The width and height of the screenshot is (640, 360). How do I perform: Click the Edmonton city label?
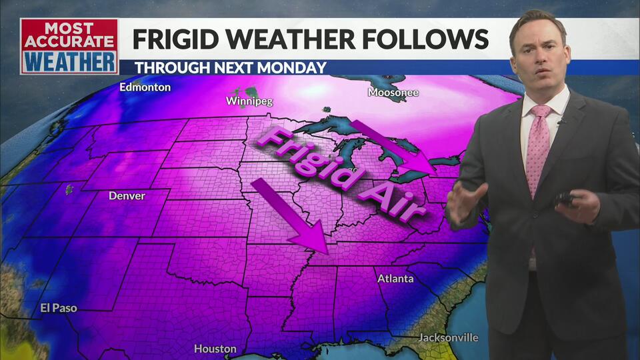[x=145, y=87]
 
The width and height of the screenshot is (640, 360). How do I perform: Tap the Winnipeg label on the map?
[x=249, y=101]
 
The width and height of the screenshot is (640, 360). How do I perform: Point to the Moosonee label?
[x=393, y=93]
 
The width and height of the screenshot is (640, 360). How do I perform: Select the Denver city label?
[x=127, y=196]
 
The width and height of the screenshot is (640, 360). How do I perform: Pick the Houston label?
[x=215, y=349]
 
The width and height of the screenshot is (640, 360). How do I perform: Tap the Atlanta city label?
[x=395, y=279]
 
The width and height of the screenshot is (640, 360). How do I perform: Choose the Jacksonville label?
[x=448, y=337]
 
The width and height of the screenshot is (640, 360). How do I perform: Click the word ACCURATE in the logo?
[x=69, y=43]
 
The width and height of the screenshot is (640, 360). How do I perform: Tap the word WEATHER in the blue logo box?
[x=69, y=62]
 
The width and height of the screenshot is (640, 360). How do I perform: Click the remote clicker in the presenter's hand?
[x=565, y=199]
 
